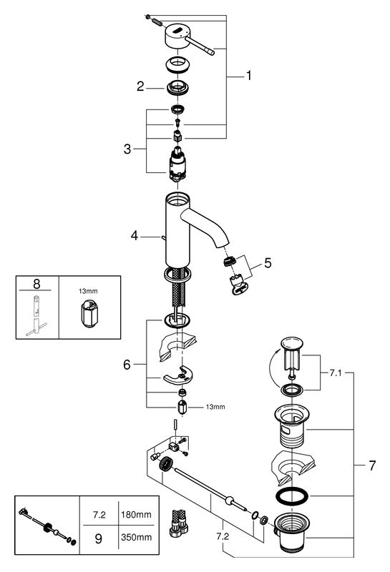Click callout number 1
pyautogui.click(x=249, y=76)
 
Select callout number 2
pyautogui.click(x=140, y=87)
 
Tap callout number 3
pyautogui.click(x=127, y=149)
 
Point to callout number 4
pyautogui.click(x=135, y=236)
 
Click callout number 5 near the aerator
pyautogui.click(x=268, y=263)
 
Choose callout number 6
pyautogui.click(x=127, y=365)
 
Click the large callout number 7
pyautogui.click(x=372, y=465)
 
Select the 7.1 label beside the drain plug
pyautogui.click(x=336, y=373)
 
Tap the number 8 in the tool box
pyautogui.click(x=36, y=284)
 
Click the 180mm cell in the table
pyautogui.click(x=136, y=515)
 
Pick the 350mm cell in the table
pyautogui.click(x=136, y=538)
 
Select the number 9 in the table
pyautogui.click(x=99, y=539)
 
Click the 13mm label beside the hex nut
pyautogui.click(x=215, y=407)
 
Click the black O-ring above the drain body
pyautogui.click(x=292, y=496)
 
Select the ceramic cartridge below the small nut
pyautogui.click(x=178, y=165)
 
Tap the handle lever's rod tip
pyautogui.click(x=211, y=52)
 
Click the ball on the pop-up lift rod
pyautogui.click(x=230, y=499)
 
